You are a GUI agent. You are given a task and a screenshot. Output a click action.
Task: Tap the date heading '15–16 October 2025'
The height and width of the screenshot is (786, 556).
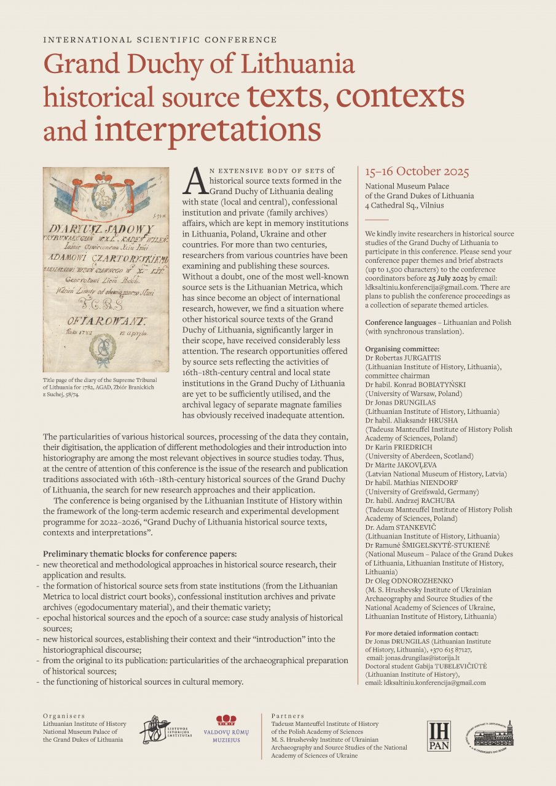point(417,171)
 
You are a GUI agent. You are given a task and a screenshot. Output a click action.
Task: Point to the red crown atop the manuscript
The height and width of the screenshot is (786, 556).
point(106,179)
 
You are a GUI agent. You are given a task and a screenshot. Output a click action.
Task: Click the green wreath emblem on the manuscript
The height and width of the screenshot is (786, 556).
point(104,349)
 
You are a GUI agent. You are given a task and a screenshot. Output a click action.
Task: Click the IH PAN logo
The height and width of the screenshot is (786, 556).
point(439,734)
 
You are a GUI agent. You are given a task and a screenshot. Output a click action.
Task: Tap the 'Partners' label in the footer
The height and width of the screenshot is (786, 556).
point(286,716)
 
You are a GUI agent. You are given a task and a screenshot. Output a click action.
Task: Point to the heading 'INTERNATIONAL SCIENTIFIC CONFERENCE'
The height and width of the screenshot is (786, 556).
point(160,39)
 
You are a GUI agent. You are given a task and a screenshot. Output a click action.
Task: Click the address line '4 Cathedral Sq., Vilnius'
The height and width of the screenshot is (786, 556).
point(404,205)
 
